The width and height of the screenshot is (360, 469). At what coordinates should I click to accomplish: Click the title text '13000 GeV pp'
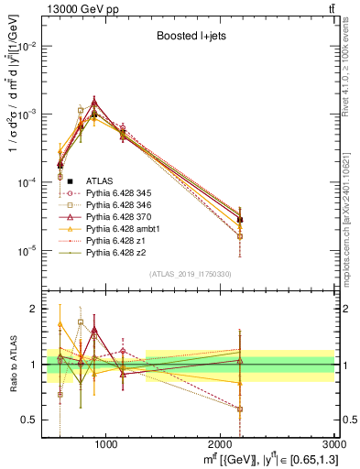point(44,8)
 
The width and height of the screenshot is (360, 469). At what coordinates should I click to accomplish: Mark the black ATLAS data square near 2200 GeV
point(240,220)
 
